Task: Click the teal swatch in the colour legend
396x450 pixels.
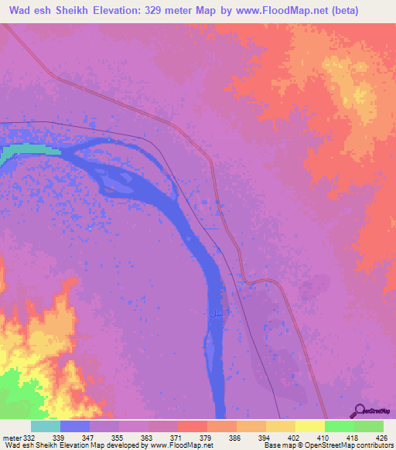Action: (45, 426)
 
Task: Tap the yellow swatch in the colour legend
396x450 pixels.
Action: (309, 426)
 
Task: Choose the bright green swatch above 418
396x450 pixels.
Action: (339, 426)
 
